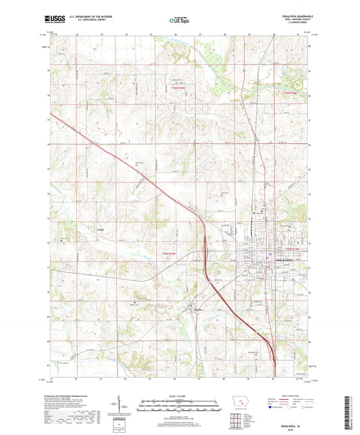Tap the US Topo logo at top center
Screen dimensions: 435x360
tap(179, 20)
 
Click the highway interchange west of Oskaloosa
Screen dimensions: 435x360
tap(204, 251)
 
